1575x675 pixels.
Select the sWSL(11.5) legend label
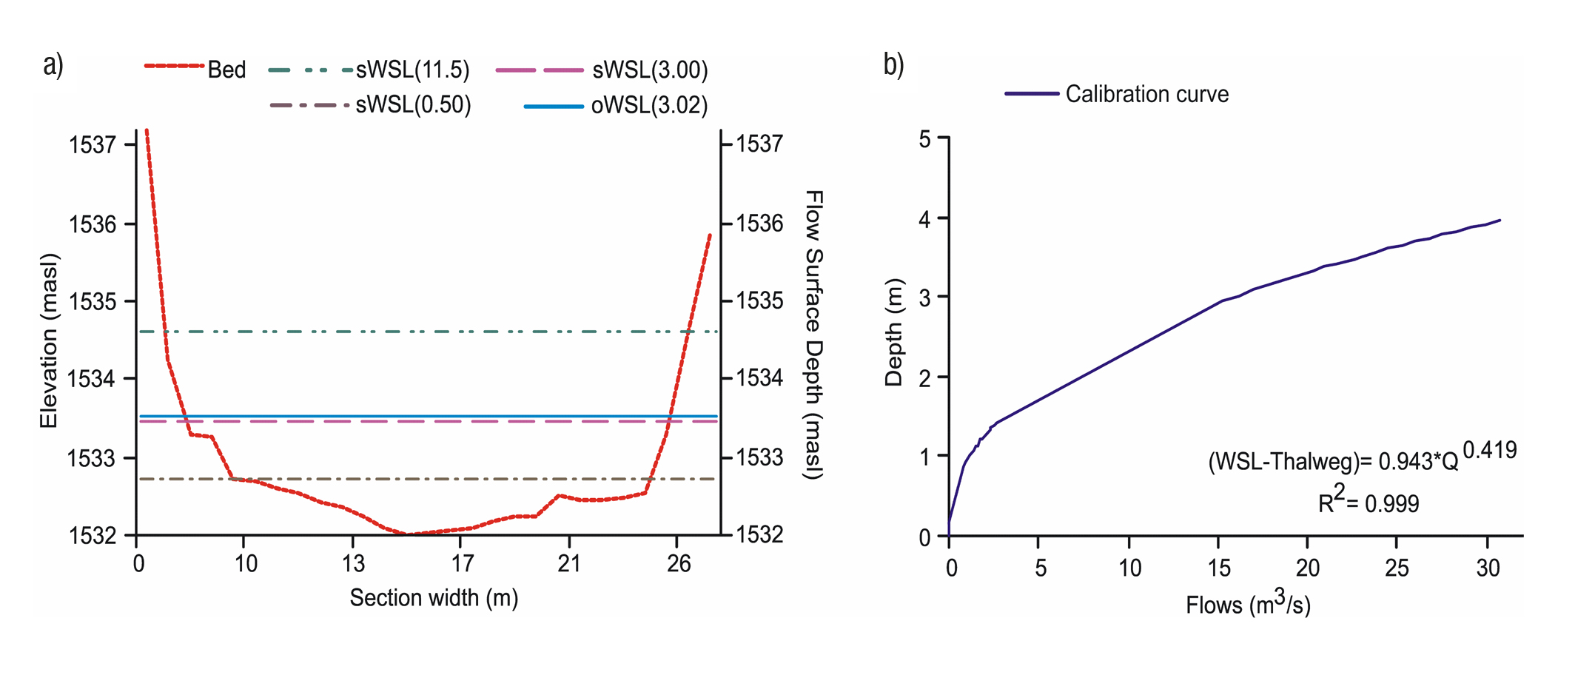412,70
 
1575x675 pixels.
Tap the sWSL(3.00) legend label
650,70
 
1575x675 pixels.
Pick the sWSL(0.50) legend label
413,105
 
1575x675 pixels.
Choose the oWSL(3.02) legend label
649,106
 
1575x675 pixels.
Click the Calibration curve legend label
1146,95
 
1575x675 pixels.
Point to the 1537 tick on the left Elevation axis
93,144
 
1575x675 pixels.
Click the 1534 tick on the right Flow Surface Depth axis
759,379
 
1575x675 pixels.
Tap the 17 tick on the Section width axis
462,565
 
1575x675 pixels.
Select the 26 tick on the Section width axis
678,565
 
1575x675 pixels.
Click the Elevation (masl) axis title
49,340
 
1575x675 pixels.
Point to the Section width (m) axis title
434,598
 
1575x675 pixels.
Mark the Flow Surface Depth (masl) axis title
813,335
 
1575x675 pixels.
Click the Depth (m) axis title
894,332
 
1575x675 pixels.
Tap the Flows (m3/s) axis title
1248,605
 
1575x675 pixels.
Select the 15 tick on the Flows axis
1219,568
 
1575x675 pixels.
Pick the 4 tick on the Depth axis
925,218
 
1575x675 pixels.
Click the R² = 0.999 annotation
1369,503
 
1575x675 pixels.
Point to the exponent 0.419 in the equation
1489,450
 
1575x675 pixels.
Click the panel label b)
893,65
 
